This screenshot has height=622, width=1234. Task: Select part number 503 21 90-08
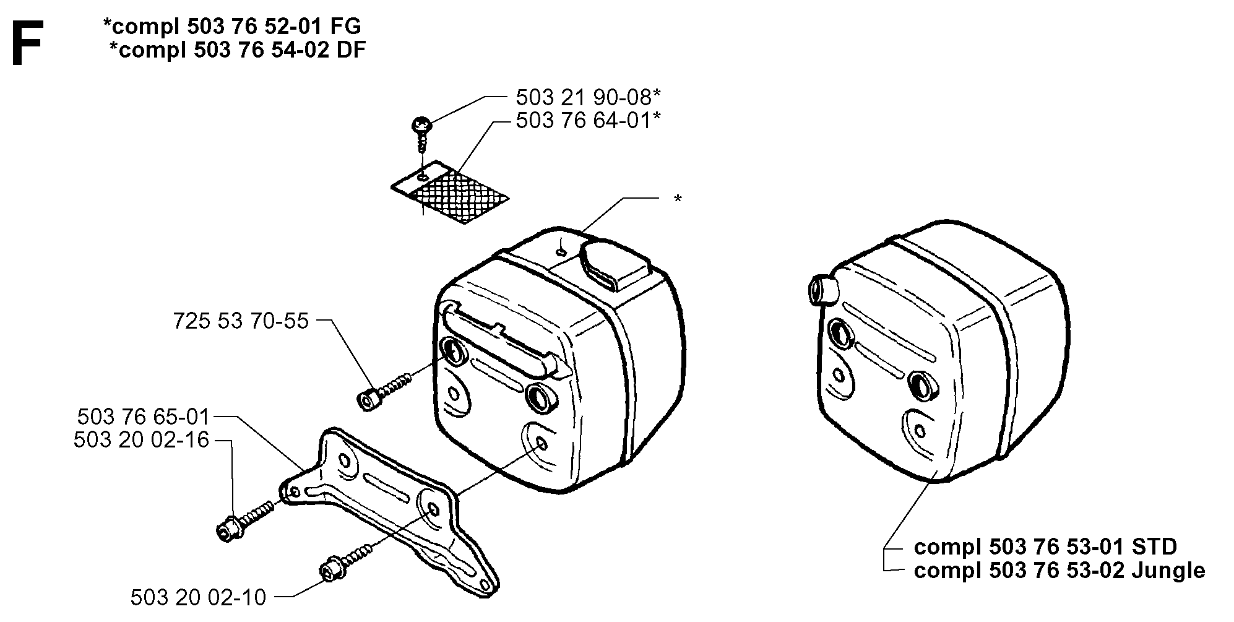click(x=588, y=98)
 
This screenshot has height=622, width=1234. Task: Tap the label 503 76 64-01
click(x=588, y=120)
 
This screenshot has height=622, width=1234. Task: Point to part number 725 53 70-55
click(x=241, y=321)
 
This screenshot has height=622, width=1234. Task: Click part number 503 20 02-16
click(x=142, y=440)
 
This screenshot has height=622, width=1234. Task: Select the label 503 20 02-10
click(x=199, y=597)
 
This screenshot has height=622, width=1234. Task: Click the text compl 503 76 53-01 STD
click(x=1045, y=547)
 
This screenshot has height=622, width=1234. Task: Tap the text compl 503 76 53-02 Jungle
click(x=1059, y=570)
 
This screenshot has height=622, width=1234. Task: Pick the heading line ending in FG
click(x=232, y=26)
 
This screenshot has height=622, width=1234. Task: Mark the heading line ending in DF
click(x=237, y=50)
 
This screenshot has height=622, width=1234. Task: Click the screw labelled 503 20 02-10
click(x=347, y=560)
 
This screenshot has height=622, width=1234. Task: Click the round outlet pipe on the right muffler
click(x=821, y=288)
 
